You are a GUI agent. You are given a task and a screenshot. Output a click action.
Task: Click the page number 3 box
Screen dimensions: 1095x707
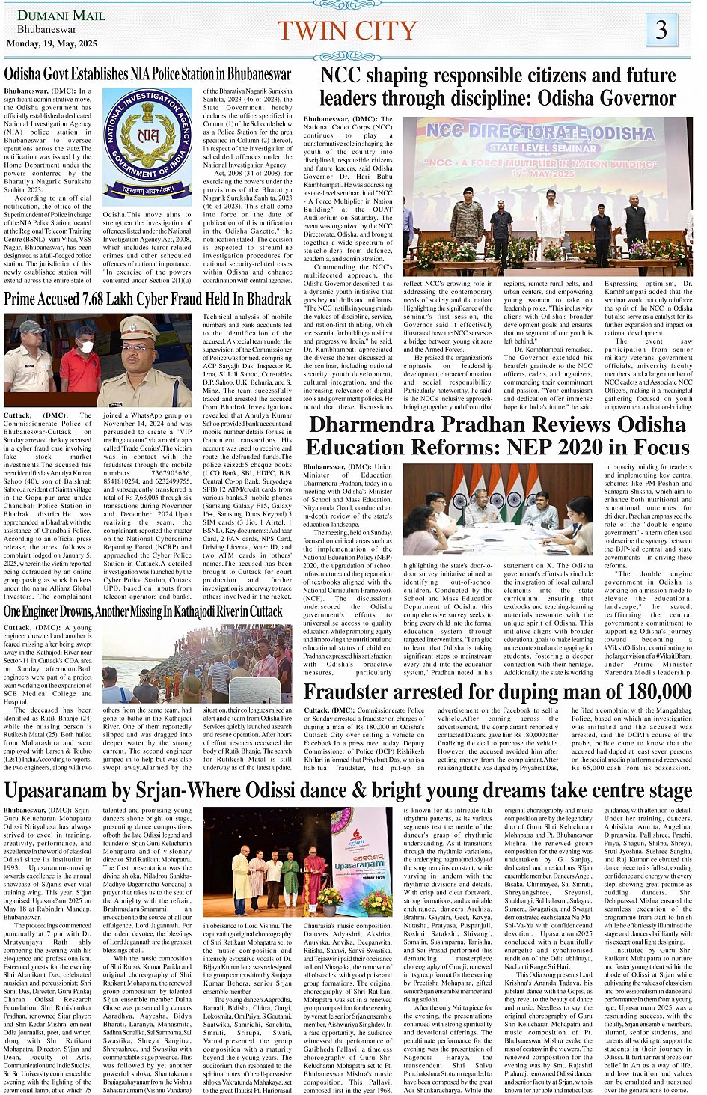point(661,31)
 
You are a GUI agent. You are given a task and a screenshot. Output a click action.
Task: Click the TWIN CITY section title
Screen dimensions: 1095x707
point(346,31)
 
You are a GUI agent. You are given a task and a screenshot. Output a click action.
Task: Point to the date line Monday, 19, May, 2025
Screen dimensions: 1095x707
point(52,43)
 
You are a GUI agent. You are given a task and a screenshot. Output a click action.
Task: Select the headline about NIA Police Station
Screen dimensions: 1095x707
point(147,74)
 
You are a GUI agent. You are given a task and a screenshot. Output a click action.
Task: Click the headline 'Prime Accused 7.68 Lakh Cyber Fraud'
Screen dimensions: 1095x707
point(147,299)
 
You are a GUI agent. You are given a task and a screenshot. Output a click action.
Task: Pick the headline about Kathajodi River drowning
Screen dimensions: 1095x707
point(143,611)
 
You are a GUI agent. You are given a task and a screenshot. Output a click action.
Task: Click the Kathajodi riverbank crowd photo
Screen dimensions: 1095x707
point(197,662)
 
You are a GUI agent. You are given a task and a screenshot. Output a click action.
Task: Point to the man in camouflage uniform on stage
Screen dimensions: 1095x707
point(468,222)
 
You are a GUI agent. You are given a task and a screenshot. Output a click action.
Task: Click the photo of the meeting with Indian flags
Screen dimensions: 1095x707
point(498,508)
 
